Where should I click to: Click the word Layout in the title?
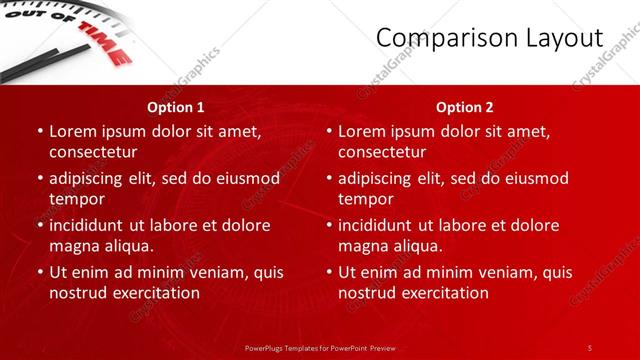(562, 38)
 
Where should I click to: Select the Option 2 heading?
(465, 107)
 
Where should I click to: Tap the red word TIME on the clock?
(104, 46)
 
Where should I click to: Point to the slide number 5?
(590, 347)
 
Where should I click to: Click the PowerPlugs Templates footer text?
(320, 347)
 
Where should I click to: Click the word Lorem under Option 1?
(74, 131)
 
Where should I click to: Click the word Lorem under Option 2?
(363, 131)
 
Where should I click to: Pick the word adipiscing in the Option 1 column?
(91, 178)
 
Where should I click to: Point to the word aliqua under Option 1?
(128, 246)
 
